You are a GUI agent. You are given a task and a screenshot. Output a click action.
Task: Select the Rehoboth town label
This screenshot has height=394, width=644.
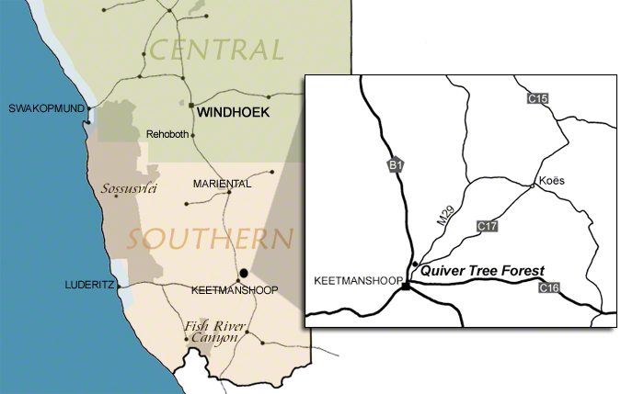[x=167, y=135]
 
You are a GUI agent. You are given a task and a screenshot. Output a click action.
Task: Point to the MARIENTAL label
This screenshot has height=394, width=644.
[x=222, y=185]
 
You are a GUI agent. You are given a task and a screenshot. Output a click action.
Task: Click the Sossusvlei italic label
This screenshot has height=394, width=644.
[x=129, y=190]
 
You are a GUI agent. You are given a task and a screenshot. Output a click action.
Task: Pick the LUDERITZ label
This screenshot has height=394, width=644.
[x=88, y=285]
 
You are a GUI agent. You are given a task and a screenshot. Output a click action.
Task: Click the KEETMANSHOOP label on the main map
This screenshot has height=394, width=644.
[x=234, y=290]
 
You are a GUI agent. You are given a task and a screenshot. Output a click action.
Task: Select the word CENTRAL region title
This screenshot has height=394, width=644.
[x=217, y=50]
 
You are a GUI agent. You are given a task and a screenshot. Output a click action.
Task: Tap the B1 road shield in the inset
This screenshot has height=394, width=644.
[x=395, y=165]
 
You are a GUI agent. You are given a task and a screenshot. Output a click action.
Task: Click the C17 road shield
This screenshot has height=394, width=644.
[x=489, y=225]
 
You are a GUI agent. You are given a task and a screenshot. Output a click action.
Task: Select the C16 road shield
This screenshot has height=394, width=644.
[x=549, y=288]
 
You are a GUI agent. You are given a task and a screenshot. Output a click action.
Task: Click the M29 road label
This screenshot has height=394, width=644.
[x=444, y=217]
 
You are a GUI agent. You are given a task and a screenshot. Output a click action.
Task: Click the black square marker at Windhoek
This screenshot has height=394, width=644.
[x=191, y=107]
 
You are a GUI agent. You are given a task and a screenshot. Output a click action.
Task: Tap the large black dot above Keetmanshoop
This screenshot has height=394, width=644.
[x=244, y=274]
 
